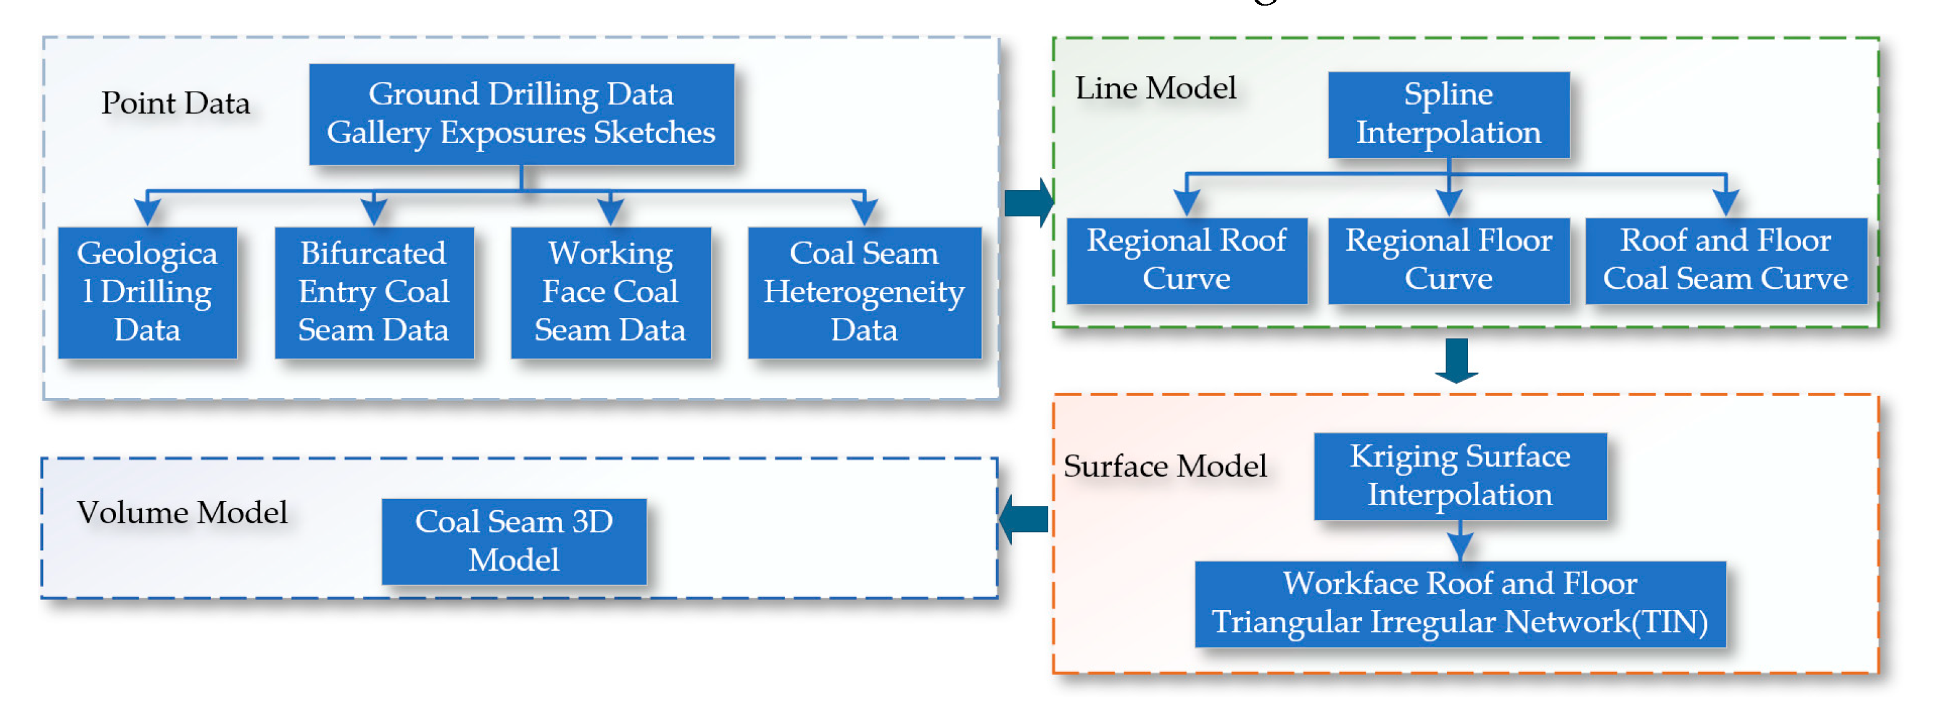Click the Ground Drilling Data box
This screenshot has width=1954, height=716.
click(x=521, y=114)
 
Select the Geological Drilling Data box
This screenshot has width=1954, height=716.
click(x=147, y=292)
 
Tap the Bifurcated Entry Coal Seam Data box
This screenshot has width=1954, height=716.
click(x=374, y=292)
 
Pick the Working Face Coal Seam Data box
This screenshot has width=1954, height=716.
click(x=611, y=292)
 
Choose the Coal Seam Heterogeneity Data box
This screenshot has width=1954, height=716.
click(x=864, y=292)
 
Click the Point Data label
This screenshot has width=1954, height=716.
click(x=175, y=103)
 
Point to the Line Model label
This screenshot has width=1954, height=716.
click(x=1155, y=88)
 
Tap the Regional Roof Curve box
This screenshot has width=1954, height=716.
click(x=1187, y=260)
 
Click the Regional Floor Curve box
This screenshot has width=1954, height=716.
click(x=1448, y=260)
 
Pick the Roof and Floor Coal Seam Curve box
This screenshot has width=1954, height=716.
click(x=1726, y=260)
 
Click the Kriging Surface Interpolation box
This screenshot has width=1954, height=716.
click(x=1459, y=475)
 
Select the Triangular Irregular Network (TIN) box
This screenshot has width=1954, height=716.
click(x=1459, y=604)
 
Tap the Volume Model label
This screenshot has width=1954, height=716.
click(x=182, y=513)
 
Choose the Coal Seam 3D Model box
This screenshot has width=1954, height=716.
click(x=513, y=541)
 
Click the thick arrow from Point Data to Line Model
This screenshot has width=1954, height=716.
click(x=1029, y=203)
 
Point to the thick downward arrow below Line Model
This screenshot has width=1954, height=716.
click(x=1456, y=360)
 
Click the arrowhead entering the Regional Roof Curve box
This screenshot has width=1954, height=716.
click(x=1187, y=204)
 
